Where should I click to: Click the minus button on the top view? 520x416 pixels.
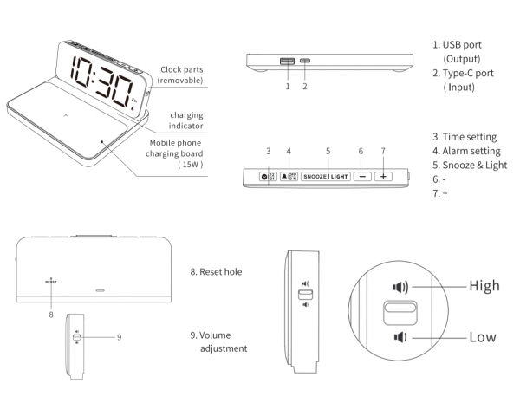coord(361,175)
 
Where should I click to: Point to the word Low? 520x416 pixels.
coord(483,336)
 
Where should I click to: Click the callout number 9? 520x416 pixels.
coord(118,336)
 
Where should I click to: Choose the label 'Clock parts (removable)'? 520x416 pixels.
coord(181,75)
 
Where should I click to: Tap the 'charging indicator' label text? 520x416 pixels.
coord(185,120)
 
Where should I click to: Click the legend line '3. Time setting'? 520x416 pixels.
coord(464,137)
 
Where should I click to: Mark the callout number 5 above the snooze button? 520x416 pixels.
coord(328,151)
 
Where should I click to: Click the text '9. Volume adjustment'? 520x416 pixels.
coord(218,341)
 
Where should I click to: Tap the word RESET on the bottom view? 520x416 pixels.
coord(51,283)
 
